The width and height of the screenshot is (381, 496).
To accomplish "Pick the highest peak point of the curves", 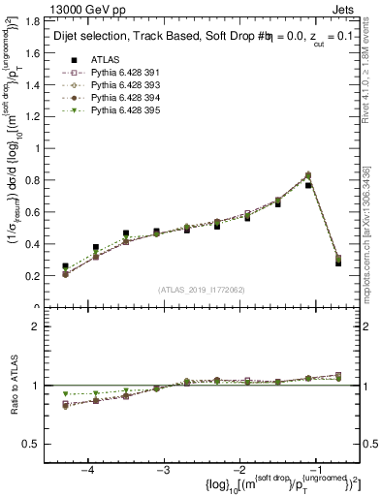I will coord(308,175).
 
